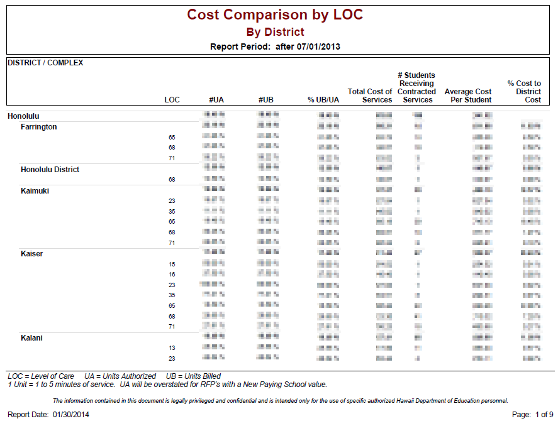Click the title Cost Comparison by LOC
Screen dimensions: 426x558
click(275, 14)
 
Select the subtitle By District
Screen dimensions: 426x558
click(275, 32)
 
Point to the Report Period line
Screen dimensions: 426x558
click(275, 46)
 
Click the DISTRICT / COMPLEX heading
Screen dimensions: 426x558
click(45, 63)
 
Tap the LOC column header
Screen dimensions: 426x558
click(172, 100)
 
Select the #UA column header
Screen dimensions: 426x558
click(216, 100)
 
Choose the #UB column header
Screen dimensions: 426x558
click(265, 100)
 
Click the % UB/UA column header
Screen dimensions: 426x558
click(323, 100)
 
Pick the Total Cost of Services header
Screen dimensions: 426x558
click(370, 96)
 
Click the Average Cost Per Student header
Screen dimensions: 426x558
click(468, 96)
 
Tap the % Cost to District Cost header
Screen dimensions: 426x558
click(524, 92)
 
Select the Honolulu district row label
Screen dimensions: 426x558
click(23, 116)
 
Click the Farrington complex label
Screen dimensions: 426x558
click(38, 127)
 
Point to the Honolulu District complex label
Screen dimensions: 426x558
click(50, 170)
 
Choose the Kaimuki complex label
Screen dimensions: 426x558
click(35, 191)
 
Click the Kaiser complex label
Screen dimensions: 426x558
click(31, 254)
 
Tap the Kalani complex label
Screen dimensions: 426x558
click(31, 338)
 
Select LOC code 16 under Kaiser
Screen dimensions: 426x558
click(172, 275)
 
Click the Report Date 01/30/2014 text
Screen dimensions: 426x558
click(48, 415)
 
